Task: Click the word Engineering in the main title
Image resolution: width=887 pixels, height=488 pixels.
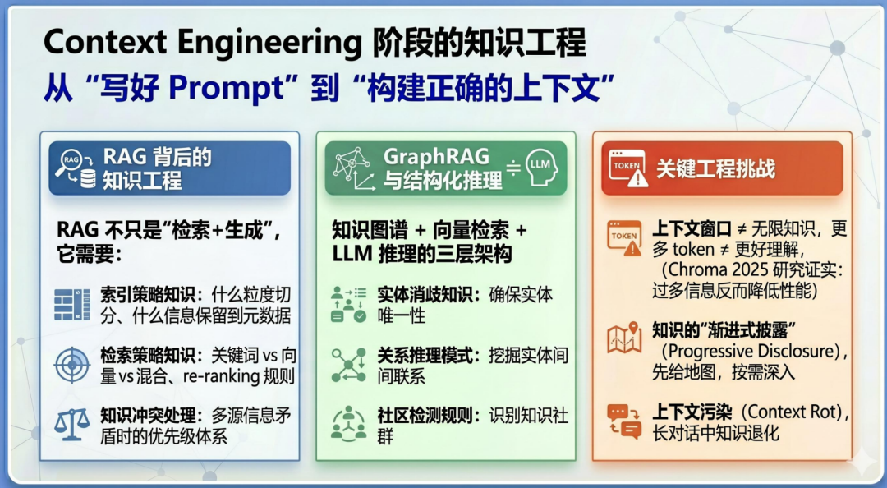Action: pos(269,44)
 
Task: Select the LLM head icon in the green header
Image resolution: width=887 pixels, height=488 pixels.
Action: pos(540,168)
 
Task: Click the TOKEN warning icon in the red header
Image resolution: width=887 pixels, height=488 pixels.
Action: pos(628,168)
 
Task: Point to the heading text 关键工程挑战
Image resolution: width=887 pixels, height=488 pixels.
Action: pos(715,168)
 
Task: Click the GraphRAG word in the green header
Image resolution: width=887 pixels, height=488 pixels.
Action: pos(436,157)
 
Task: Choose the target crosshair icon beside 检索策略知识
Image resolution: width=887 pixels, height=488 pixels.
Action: pos(71,365)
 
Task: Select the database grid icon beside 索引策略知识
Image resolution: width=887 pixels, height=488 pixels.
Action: pos(71,305)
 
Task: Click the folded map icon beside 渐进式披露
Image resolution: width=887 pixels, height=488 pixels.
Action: pos(624,338)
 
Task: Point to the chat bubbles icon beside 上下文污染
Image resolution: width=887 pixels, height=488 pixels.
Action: pos(624,421)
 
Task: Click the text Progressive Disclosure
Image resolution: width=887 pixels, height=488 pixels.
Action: pos(752,351)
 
